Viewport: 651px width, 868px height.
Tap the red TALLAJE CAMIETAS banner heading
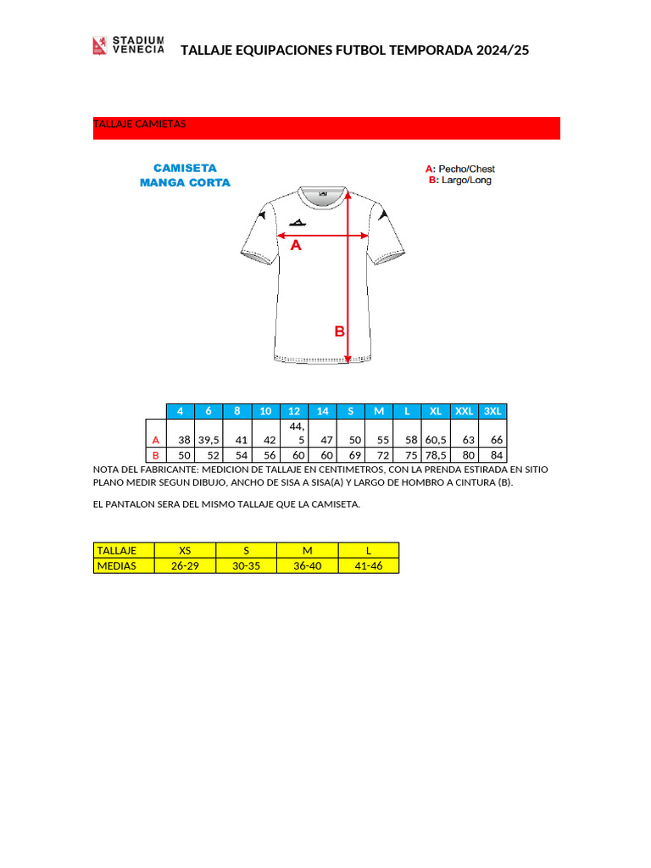(x=140, y=125)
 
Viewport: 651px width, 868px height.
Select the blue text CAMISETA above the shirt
(x=185, y=168)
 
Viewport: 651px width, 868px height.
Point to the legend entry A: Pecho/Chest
(x=460, y=169)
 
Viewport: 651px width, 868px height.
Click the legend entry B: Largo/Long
(x=460, y=180)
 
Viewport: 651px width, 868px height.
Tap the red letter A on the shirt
(x=296, y=246)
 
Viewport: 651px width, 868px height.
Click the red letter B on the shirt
(x=339, y=331)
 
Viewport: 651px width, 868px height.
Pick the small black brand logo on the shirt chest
(x=297, y=222)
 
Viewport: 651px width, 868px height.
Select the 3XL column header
(x=492, y=411)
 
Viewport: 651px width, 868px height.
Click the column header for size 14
(x=322, y=411)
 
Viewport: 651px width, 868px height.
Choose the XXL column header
(x=465, y=411)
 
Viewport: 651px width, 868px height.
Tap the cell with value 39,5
(x=209, y=440)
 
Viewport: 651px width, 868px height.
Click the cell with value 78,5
(x=436, y=455)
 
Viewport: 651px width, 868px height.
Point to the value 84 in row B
(x=496, y=455)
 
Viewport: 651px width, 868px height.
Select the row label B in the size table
(x=155, y=455)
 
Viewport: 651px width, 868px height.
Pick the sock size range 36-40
(x=307, y=565)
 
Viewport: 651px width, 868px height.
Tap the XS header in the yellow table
(x=185, y=550)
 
